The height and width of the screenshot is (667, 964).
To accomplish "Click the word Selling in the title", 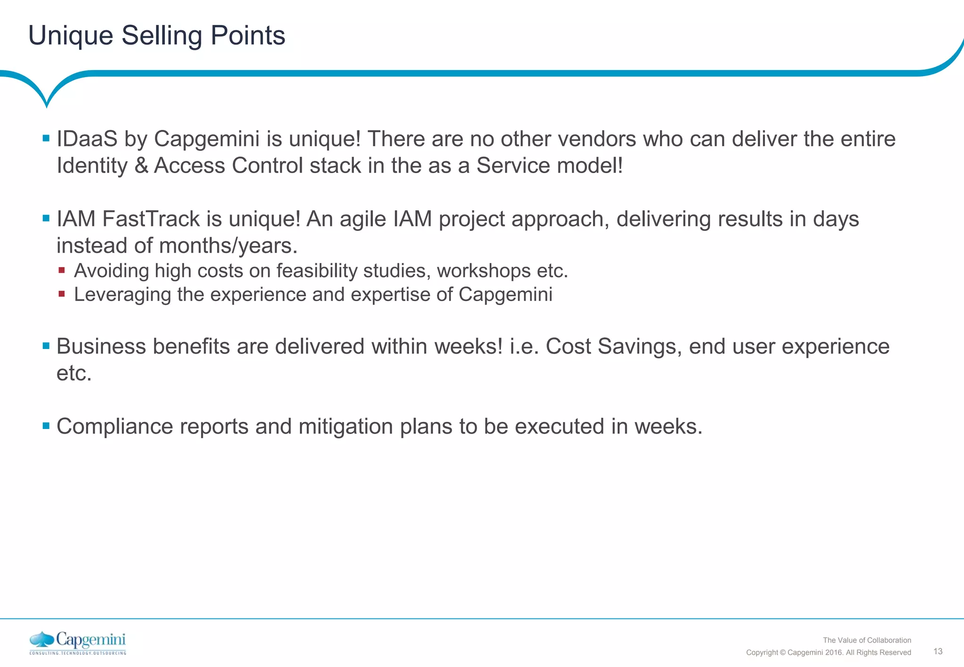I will pyautogui.click(x=161, y=36).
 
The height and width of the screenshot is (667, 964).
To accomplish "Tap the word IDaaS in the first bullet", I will pyautogui.click(x=87, y=139).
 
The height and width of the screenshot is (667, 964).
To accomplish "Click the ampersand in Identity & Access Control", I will pyautogui.click(x=141, y=166).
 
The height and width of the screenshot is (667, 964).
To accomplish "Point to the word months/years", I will pyautogui.click(x=228, y=246).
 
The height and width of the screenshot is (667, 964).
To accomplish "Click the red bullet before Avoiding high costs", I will pyautogui.click(x=62, y=270).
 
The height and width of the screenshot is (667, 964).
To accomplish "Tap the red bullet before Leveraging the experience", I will pyautogui.click(x=62, y=294).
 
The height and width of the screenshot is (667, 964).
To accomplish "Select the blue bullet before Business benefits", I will pyautogui.click(x=46, y=346).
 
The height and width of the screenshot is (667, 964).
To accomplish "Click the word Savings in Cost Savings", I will pyautogui.click(x=639, y=347).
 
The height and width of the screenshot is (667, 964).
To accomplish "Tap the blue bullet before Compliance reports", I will pyautogui.click(x=46, y=426).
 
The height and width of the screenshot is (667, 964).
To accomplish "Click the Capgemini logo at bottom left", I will pyautogui.click(x=78, y=643).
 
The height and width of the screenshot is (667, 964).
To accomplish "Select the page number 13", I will pyautogui.click(x=938, y=651).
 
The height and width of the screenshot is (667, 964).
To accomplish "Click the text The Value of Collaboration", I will pyautogui.click(x=867, y=640).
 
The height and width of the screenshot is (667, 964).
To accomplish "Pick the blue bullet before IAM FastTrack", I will pyautogui.click(x=46, y=219).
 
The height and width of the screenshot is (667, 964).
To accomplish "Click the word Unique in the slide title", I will pyautogui.click(x=71, y=36).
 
